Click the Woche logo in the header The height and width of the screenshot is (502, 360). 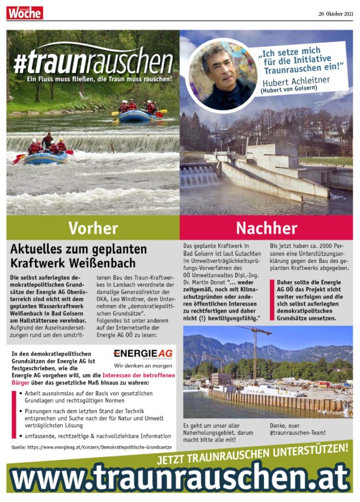coord(25,11)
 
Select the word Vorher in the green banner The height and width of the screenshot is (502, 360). coord(93,227)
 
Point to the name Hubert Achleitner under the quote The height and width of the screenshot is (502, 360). coord(297,82)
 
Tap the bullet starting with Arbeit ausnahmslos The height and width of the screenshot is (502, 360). coord(89,396)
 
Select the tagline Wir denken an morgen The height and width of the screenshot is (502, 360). coord(143,366)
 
